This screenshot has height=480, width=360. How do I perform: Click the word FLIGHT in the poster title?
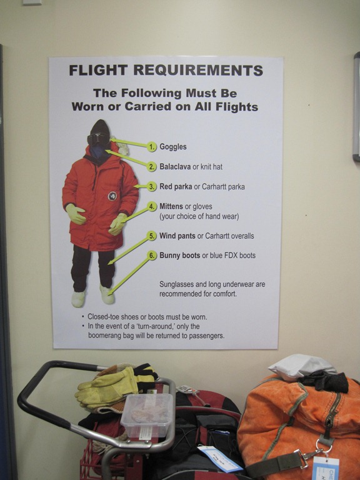click(98, 70)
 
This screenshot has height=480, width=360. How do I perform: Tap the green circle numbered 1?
click(152, 147)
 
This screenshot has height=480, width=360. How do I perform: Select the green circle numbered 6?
click(152, 255)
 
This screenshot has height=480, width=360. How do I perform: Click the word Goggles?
click(173, 147)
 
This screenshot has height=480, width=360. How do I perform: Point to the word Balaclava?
click(175, 166)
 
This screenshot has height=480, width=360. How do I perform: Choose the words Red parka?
click(176, 186)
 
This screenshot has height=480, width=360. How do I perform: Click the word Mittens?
click(171, 206)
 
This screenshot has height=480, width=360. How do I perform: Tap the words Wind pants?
click(177, 236)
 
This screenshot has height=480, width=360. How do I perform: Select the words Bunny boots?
click(180, 255)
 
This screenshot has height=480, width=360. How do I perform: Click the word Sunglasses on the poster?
click(176, 284)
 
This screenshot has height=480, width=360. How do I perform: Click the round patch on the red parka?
click(112, 196)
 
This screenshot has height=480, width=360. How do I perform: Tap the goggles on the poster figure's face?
click(98, 139)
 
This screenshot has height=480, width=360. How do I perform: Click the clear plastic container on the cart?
click(147, 415)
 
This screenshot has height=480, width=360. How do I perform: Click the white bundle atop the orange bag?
click(301, 367)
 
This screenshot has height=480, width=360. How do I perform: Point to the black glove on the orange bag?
click(324, 381)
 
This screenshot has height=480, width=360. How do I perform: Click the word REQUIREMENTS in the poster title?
click(198, 70)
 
